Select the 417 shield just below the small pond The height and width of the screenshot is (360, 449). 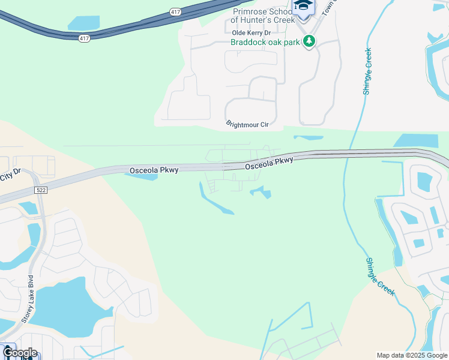pyautogui.click(x=83, y=38)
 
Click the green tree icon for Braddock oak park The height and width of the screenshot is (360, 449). pyautogui.click(x=309, y=41)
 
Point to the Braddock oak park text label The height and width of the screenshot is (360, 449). pyautogui.click(x=264, y=42)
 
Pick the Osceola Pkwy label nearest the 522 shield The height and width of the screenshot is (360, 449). pyautogui.click(x=154, y=171)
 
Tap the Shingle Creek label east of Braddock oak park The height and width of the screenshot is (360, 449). pyautogui.click(x=367, y=71)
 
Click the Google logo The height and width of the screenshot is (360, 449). pyautogui.click(x=20, y=352)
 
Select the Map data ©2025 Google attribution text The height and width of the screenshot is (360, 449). pyautogui.click(x=412, y=355)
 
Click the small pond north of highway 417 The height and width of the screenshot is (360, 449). pyautogui.click(x=83, y=23)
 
